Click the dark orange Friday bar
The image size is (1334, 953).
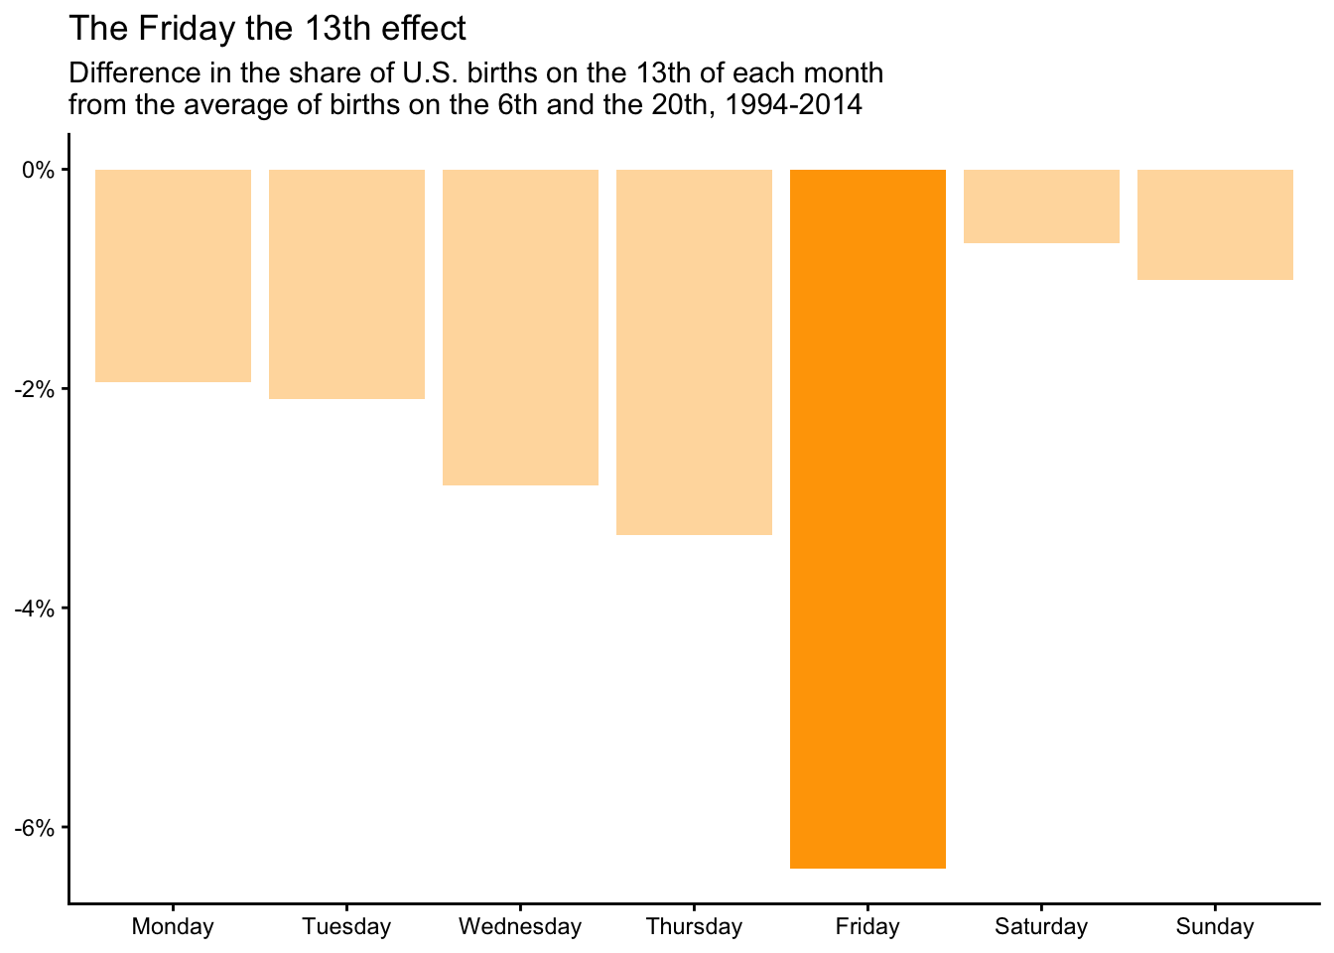(x=867, y=518)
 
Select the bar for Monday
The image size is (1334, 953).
(x=173, y=276)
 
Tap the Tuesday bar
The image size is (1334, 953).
(x=346, y=284)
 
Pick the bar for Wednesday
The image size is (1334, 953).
(x=520, y=328)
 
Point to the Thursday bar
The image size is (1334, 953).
(x=694, y=352)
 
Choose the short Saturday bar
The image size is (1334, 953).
(x=1041, y=206)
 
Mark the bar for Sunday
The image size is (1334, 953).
(x=1215, y=224)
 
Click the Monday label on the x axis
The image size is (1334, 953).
(x=173, y=927)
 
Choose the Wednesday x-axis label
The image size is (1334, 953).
(x=520, y=927)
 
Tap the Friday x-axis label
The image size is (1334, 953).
(x=867, y=927)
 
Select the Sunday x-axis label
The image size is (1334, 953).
(x=1215, y=927)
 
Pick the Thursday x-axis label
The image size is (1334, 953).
(x=694, y=927)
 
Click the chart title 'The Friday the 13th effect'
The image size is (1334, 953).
(x=267, y=29)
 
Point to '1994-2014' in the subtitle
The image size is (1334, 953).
(x=794, y=104)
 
